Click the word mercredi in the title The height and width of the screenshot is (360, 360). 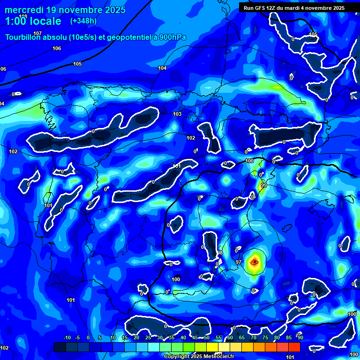click(x=24, y=9)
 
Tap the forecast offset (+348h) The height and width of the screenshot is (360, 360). click(x=83, y=21)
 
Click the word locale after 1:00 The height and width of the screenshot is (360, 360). click(x=44, y=21)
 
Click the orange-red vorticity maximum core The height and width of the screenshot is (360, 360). click(x=254, y=262)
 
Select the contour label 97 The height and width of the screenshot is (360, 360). click(x=239, y=262)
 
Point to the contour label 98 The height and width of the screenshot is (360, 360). click(x=220, y=253)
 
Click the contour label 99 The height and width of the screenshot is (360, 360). click(x=263, y=186)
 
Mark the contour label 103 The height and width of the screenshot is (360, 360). click(x=177, y=114)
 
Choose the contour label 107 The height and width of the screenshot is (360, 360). click(x=37, y=33)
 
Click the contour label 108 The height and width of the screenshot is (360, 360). click(x=23, y=16)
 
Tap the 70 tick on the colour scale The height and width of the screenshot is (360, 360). click(x=253, y=338)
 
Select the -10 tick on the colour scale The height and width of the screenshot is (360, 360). click(x=67, y=338)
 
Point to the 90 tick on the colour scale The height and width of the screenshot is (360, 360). click(x=300, y=338)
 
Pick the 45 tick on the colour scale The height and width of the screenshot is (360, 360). click(x=195, y=338)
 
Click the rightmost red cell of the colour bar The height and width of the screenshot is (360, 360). click(x=294, y=347)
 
